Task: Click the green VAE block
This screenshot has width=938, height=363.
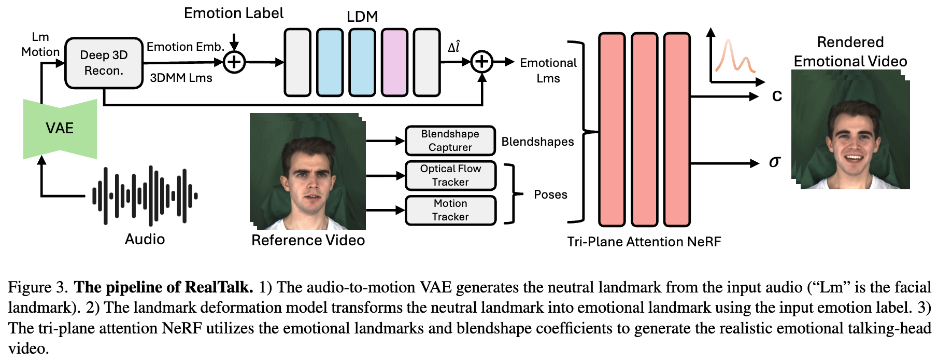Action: click(x=60, y=128)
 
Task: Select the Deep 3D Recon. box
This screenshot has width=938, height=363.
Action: click(x=104, y=63)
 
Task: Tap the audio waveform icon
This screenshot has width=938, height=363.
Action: click(x=145, y=196)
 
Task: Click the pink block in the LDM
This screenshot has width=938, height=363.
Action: click(x=394, y=63)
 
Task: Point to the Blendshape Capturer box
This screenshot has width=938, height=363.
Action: click(x=450, y=141)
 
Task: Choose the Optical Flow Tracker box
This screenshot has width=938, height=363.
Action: click(x=450, y=175)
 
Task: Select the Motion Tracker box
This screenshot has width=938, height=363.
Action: click(x=450, y=210)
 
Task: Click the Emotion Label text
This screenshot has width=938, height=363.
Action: click(x=234, y=13)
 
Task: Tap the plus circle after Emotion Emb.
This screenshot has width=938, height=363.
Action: click(x=234, y=62)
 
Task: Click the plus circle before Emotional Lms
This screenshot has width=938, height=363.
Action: click(x=482, y=62)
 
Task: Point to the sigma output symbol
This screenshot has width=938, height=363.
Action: click(x=774, y=162)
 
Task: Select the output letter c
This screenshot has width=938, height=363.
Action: click(x=777, y=96)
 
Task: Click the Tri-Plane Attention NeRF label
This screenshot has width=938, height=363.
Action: click(x=644, y=242)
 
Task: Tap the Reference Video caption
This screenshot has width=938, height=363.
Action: click(x=308, y=240)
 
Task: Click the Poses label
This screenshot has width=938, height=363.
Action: click(x=550, y=194)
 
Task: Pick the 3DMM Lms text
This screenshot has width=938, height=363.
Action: click(x=181, y=78)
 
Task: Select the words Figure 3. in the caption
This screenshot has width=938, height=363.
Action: click(x=38, y=287)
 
